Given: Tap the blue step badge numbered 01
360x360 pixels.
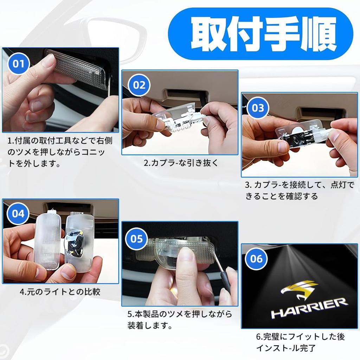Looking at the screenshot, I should point(19,64).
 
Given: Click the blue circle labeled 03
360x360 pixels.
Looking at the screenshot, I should point(258,108).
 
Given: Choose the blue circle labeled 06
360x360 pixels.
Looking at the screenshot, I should point(257,259).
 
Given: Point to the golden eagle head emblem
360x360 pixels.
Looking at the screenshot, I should point(298,289).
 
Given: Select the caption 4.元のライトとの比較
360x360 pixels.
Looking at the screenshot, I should point(60,292).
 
